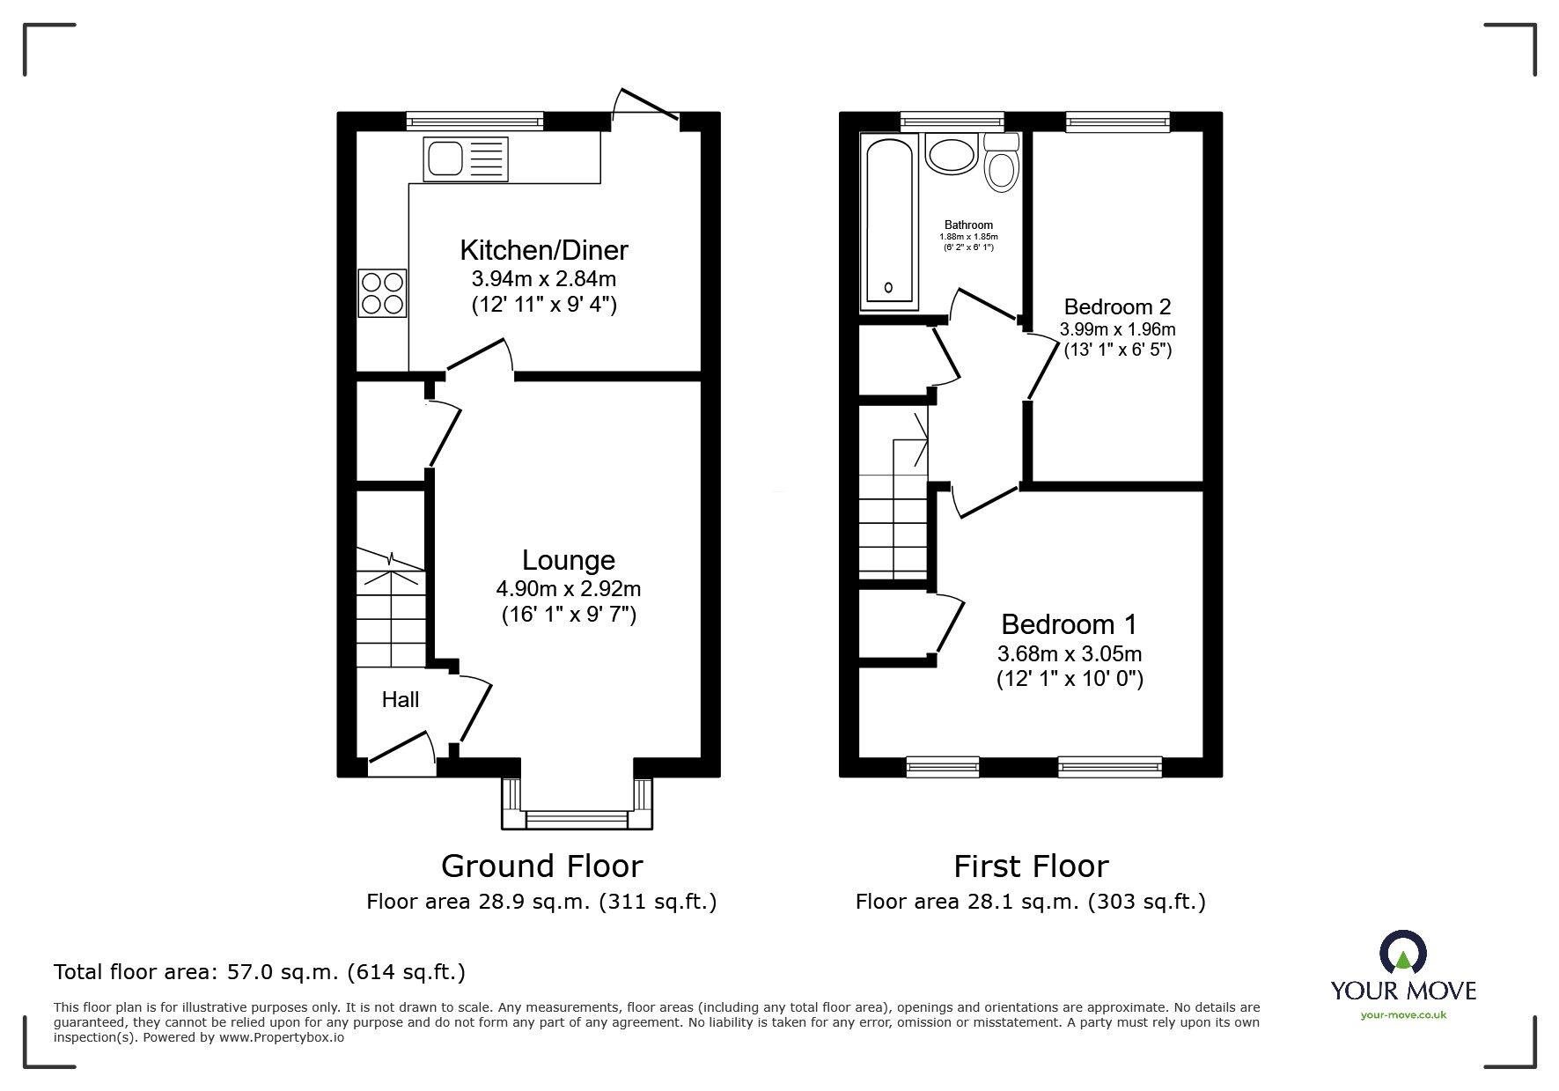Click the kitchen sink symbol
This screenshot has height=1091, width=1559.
466,158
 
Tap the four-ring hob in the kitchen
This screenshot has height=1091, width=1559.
383,293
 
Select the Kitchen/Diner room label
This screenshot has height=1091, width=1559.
544,250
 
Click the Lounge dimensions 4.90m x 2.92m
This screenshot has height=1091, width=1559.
568,588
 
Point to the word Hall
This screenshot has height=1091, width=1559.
401,700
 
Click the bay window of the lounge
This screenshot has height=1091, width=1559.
577,804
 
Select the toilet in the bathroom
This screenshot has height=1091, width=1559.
1001,162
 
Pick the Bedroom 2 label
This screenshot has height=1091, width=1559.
1117,306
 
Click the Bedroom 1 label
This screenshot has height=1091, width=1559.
1069,624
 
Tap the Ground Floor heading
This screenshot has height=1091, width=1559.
541,866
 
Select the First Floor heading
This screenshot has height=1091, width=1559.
1031,866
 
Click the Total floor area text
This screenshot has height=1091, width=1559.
260,972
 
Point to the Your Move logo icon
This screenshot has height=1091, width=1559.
1403,954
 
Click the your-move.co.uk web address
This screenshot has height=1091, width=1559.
1403,1014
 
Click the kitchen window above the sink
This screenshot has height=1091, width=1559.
475,121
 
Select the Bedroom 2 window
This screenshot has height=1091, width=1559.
1117,122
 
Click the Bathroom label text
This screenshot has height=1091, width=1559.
968,225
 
